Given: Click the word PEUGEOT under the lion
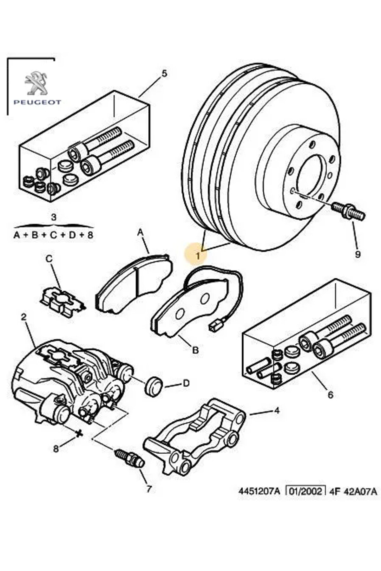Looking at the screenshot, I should click(37, 102).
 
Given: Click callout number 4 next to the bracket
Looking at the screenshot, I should click(277, 411).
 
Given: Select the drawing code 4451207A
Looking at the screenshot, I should click(259, 500).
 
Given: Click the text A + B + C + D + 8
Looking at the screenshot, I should click(54, 236).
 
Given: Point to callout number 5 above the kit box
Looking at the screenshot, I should click(164, 74).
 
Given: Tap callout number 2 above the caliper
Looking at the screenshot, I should click(23, 317).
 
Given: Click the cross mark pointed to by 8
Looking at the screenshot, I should click(79, 433).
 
